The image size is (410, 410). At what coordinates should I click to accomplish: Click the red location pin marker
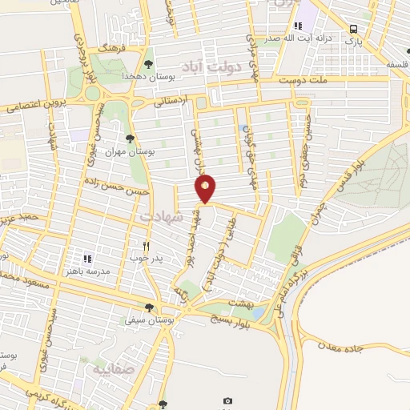[x=206, y=189]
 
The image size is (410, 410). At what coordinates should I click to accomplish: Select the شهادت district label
[x=162, y=216]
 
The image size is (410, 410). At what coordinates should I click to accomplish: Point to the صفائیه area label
[x=109, y=370]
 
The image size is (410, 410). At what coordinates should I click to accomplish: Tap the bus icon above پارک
[x=353, y=30]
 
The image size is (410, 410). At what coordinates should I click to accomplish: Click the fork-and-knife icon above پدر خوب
[x=145, y=246]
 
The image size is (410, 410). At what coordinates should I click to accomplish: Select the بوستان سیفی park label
[x=144, y=320]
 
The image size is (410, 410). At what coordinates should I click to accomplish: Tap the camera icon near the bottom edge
[x=227, y=400]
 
